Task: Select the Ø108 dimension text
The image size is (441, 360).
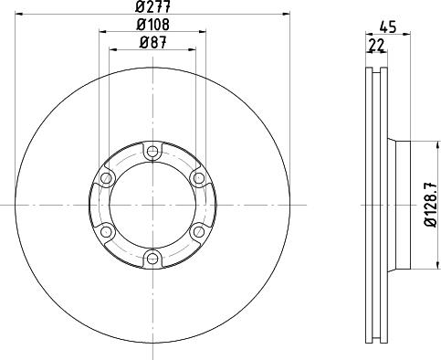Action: click(x=152, y=25)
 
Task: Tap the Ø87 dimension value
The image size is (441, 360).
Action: click(x=152, y=41)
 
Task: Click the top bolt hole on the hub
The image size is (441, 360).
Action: click(x=152, y=152)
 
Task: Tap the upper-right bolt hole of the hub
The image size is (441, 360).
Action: click(x=197, y=178)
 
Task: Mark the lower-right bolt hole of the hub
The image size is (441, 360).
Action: click(x=197, y=230)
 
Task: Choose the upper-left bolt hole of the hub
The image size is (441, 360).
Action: click(x=107, y=178)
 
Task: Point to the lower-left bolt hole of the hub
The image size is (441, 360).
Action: click(x=107, y=230)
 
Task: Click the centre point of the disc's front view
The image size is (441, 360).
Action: click(x=152, y=204)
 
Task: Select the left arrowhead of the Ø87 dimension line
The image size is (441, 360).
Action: click(x=112, y=49)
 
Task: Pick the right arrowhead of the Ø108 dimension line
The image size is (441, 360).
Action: click(x=203, y=33)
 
